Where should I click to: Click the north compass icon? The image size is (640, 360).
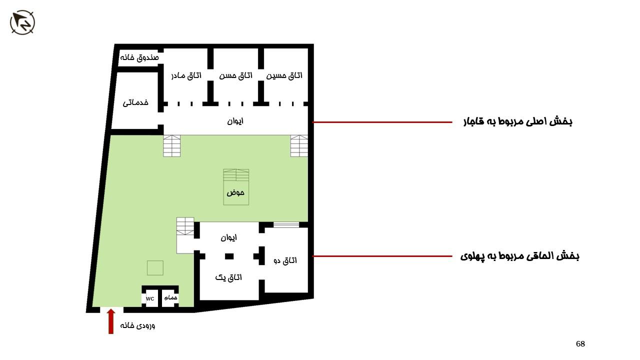coord(22,22)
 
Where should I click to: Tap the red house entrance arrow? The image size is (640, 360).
coord(111,321)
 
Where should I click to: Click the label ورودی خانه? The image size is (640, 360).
coord(137,325)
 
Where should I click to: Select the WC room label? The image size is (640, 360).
coord(150,299)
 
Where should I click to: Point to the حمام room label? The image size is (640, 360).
coord(170,297)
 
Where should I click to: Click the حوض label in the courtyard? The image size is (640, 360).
coord(235,193)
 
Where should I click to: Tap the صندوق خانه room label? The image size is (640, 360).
coord(139,57)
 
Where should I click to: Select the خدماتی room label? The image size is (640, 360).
coord(135,102)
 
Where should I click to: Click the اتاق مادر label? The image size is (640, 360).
coord(186,75)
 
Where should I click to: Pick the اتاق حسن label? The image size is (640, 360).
coord(235,75)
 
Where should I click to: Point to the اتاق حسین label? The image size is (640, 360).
coord(284,75)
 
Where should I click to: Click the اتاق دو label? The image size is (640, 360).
coord(285,260)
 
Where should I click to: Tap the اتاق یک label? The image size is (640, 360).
coord(228,277)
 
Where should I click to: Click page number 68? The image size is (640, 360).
coord(580,343)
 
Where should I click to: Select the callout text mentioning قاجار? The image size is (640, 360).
coord(517,121)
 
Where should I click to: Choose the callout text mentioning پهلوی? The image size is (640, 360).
coord(519,256)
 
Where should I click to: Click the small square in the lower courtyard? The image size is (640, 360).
coord(155,267)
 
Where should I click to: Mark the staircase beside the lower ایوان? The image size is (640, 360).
coord(185,226)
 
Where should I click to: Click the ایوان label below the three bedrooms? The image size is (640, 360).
coord(235,121)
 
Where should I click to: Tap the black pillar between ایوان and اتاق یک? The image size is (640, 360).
coord(229,256)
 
